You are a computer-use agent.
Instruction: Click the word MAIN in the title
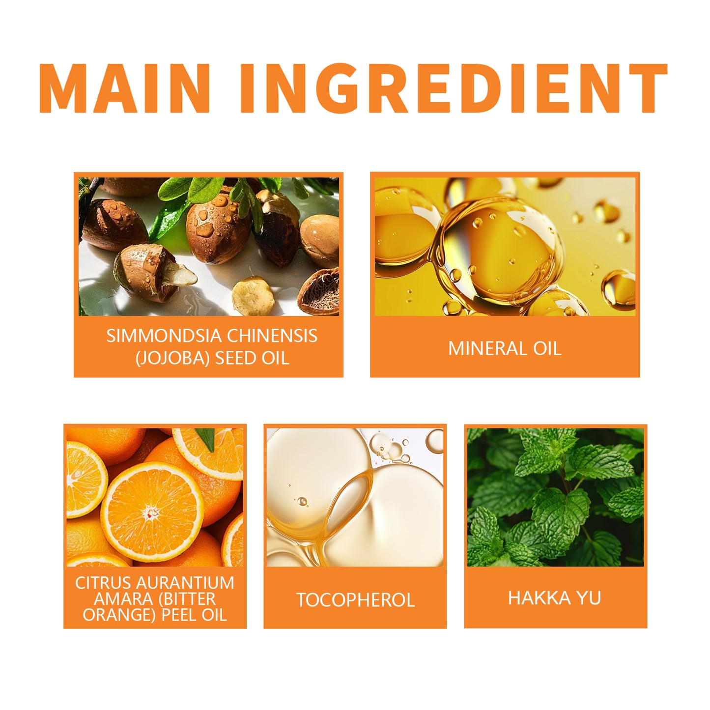[x=125, y=88]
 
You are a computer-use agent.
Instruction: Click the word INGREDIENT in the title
[x=454, y=88]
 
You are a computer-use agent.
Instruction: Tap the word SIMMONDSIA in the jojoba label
[x=164, y=336]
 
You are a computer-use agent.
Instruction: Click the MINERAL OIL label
[x=505, y=348]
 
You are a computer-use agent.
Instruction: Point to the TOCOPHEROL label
[x=355, y=600]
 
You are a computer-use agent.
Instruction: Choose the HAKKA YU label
[x=554, y=597]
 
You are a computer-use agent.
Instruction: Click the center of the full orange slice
[x=152, y=512]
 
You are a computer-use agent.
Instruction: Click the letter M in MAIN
[x=62, y=88]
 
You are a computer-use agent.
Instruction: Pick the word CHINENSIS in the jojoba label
[x=272, y=336]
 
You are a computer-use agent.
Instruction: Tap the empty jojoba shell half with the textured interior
[x=319, y=291]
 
